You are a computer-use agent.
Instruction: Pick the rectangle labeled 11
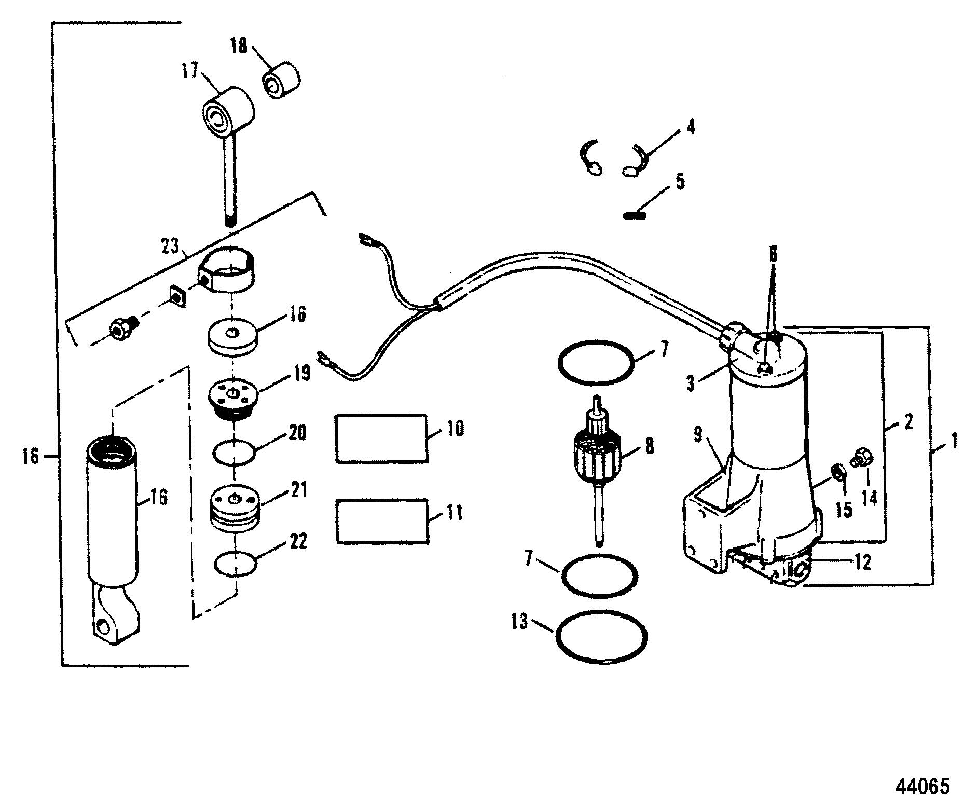(x=382, y=522)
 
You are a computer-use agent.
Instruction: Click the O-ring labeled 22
(x=235, y=564)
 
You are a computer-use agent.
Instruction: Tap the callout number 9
(x=699, y=434)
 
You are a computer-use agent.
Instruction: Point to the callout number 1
(x=953, y=442)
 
